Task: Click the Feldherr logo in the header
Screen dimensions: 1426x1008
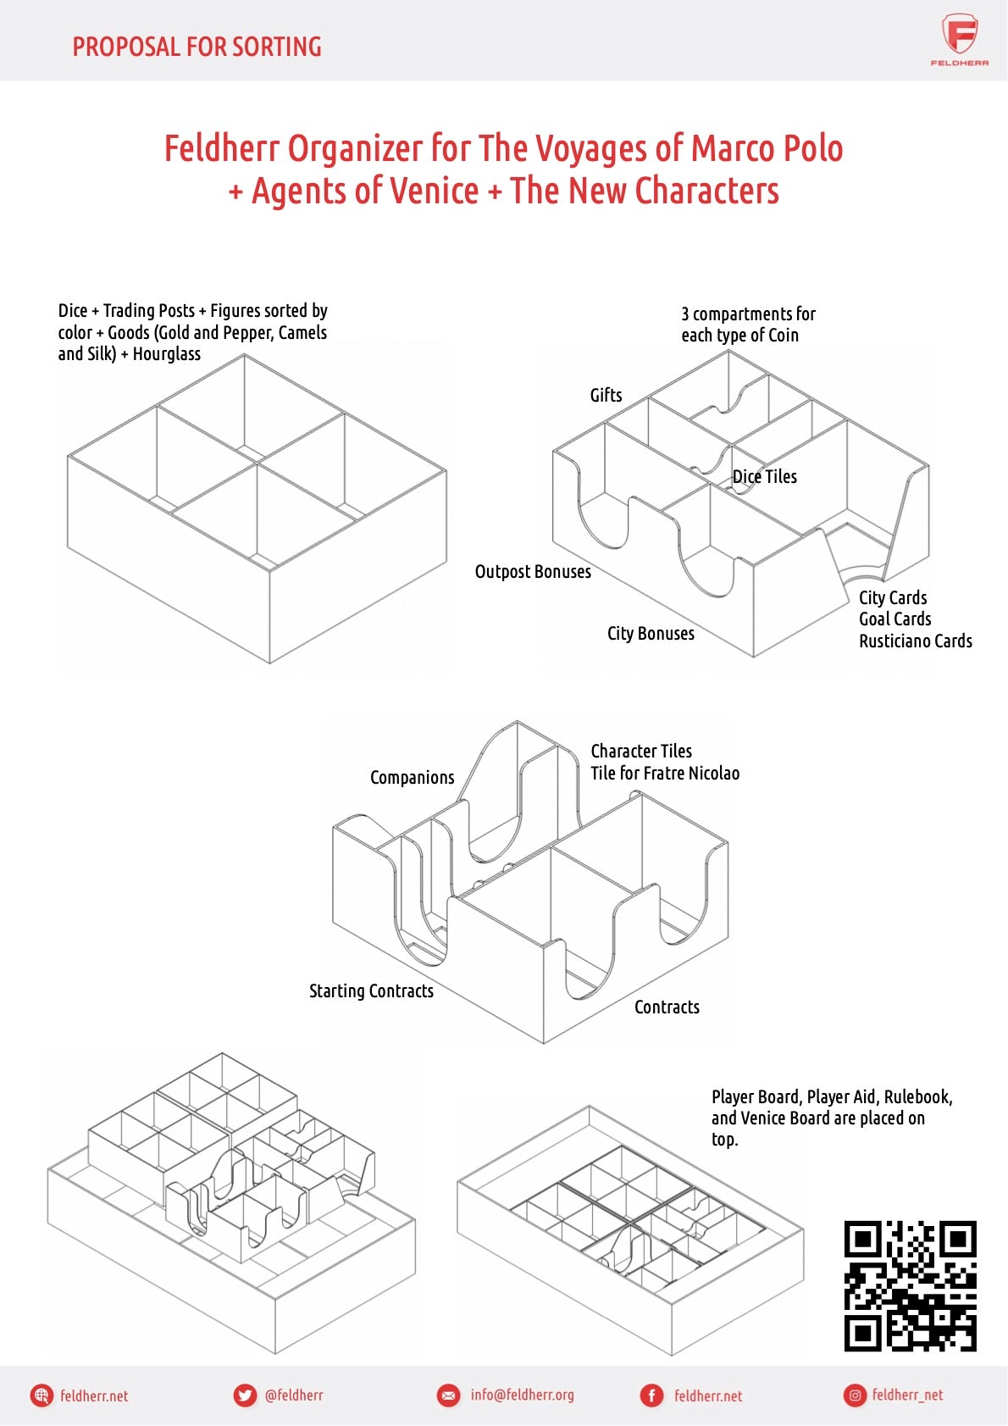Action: coord(959,39)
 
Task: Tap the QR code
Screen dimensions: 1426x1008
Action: coord(910,1285)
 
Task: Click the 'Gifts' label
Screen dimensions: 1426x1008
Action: coord(606,396)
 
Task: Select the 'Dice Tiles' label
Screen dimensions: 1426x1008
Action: coord(764,477)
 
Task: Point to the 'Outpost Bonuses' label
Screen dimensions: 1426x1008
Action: coord(533,572)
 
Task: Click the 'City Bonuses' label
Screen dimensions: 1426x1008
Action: coord(651,634)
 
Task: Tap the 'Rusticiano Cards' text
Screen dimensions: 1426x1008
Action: coord(915,641)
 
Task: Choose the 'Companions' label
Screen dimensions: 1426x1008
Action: coord(412,778)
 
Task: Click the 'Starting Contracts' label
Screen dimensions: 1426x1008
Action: coord(371,991)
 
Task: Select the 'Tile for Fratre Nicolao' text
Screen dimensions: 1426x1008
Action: coord(665,774)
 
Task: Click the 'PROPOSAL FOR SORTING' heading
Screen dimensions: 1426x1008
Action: coord(197,47)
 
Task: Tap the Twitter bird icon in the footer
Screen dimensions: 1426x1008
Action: coord(245,1395)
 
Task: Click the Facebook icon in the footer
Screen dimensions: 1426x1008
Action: coord(651,1395)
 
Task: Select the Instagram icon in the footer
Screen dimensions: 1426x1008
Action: coord(854,1395)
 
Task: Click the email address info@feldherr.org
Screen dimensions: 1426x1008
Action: coord(522,1395)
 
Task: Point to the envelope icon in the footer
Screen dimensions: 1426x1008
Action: coord(448,1395)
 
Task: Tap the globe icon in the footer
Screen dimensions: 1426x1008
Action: coord(42,1395)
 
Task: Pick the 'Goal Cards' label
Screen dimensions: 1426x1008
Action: coord(894,619)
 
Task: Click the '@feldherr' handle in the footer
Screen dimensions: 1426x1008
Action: coord(293,1395)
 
